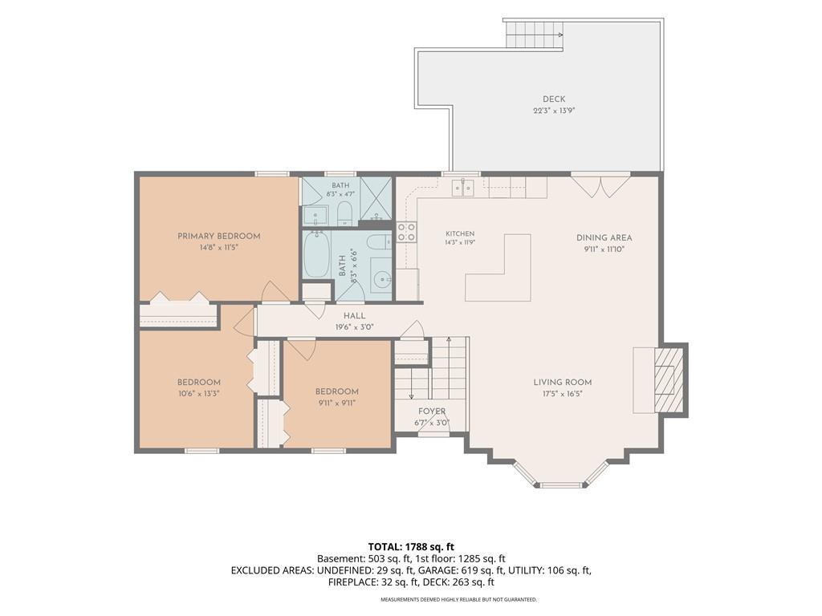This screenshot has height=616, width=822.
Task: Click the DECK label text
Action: coord(554,99)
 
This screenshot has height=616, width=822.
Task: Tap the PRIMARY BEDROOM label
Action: coord(218,237)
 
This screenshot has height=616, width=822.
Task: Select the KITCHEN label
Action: coord(460,233)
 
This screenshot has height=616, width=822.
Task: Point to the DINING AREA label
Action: coord(604,237)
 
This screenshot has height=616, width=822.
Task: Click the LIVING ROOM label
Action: coord(563,383)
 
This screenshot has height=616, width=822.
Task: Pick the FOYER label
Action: coord(432,411)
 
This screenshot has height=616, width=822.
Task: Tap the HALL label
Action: coord(354,316)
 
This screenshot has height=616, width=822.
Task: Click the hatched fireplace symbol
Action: coord(669,379)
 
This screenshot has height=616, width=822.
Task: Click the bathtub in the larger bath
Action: coord(317,254)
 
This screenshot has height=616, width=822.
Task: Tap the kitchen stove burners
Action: coord(406,232)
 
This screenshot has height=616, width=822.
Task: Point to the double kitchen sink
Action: coord(463,187)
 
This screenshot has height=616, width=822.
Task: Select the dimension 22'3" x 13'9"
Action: coord(554,111)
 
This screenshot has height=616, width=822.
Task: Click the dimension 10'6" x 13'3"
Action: coord(199,394)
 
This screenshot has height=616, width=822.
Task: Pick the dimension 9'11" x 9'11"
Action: coord(336,403)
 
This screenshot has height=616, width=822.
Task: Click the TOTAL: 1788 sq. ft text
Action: coord(411,547)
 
